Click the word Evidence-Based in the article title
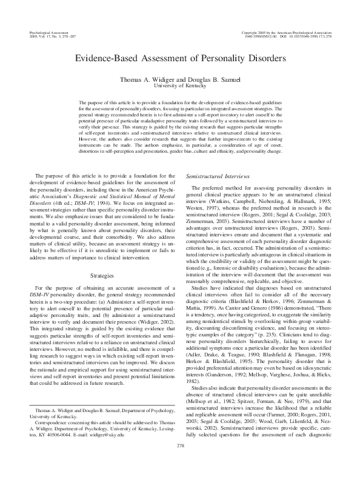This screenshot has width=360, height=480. click(104, 59)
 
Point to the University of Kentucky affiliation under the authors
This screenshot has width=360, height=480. click(179, 86)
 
